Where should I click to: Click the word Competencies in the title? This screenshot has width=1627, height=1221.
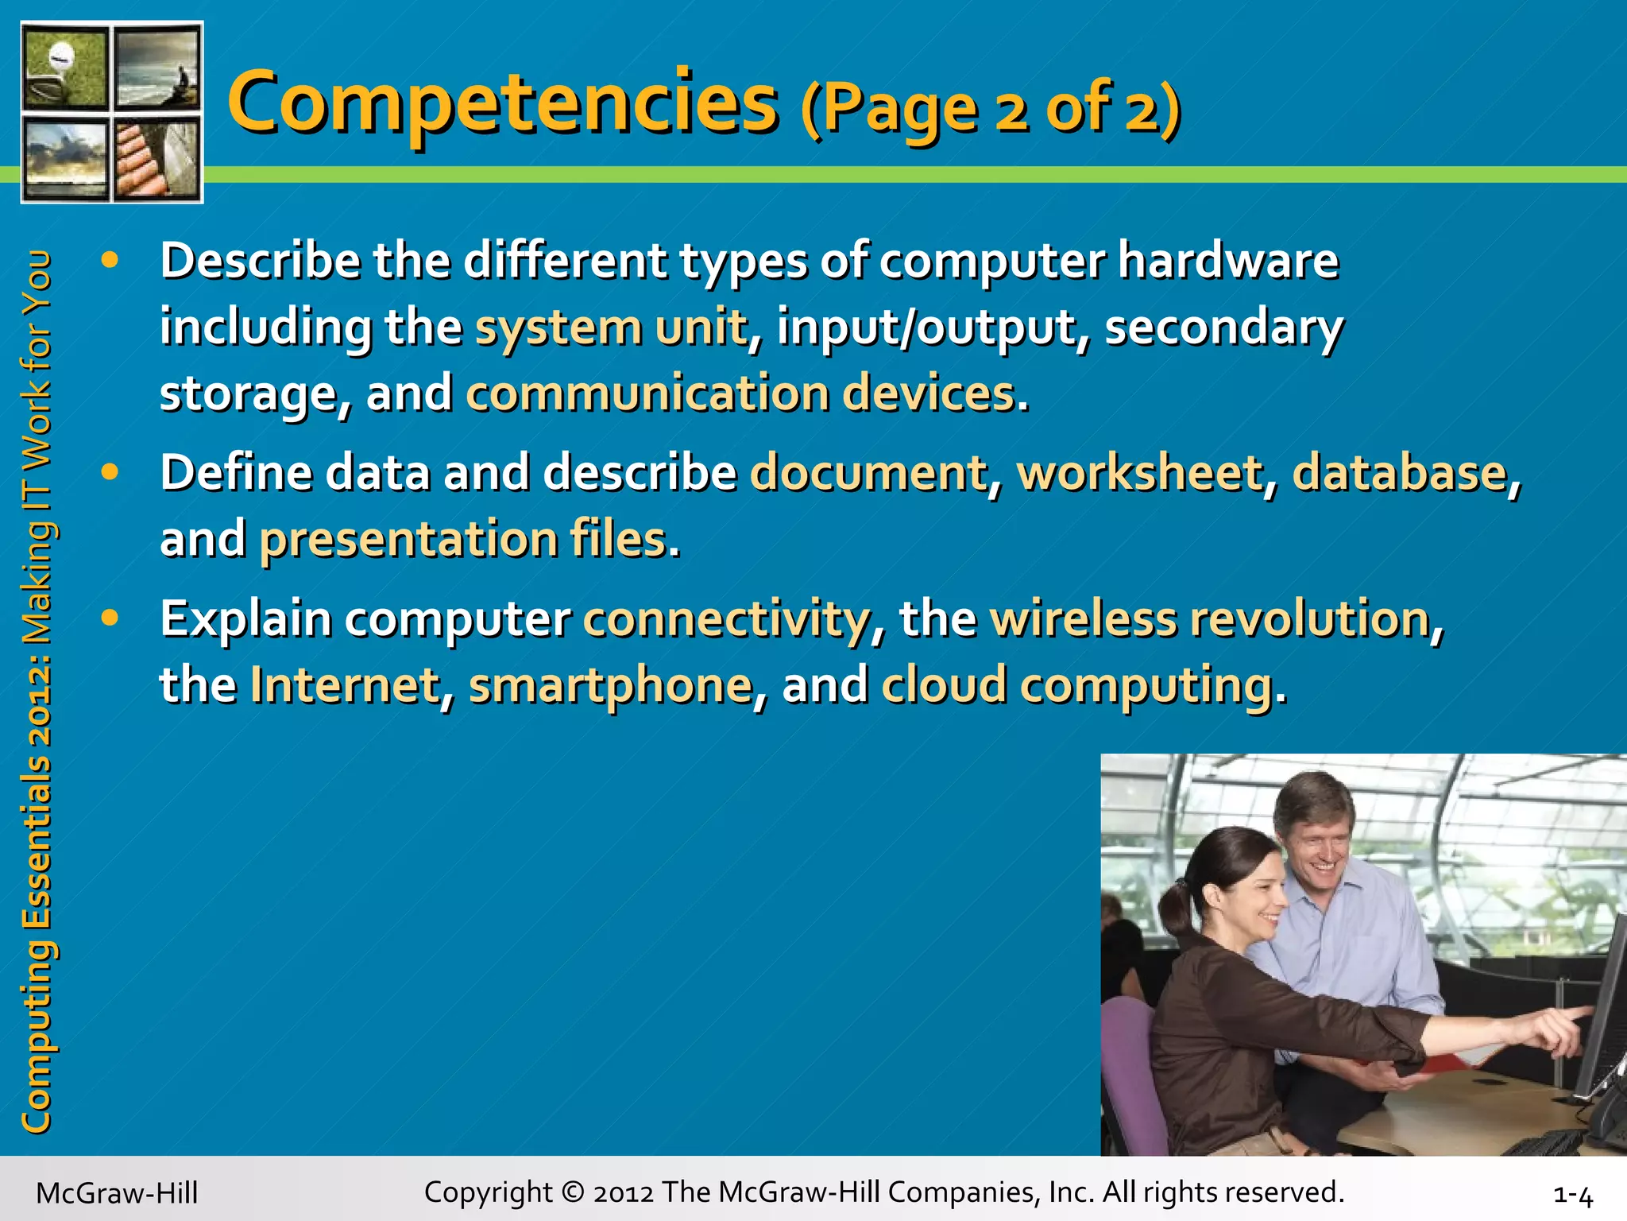502,103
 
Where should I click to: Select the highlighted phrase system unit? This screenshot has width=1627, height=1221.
611,328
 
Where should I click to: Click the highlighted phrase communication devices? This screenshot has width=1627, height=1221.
740,393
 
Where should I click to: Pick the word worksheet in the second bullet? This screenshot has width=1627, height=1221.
1140,472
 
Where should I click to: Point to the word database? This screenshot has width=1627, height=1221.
1399,472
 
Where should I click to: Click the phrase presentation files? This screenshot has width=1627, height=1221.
463,539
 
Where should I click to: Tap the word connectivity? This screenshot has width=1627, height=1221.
727,618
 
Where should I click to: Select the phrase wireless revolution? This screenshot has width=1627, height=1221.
1210,618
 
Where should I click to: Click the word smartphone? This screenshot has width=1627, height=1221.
610,685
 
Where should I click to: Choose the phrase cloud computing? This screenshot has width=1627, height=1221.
1077,685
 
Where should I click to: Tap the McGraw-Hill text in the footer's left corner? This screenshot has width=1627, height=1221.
117,1193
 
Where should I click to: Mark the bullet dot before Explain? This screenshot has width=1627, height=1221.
110,617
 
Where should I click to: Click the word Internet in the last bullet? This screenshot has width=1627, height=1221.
345,685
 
